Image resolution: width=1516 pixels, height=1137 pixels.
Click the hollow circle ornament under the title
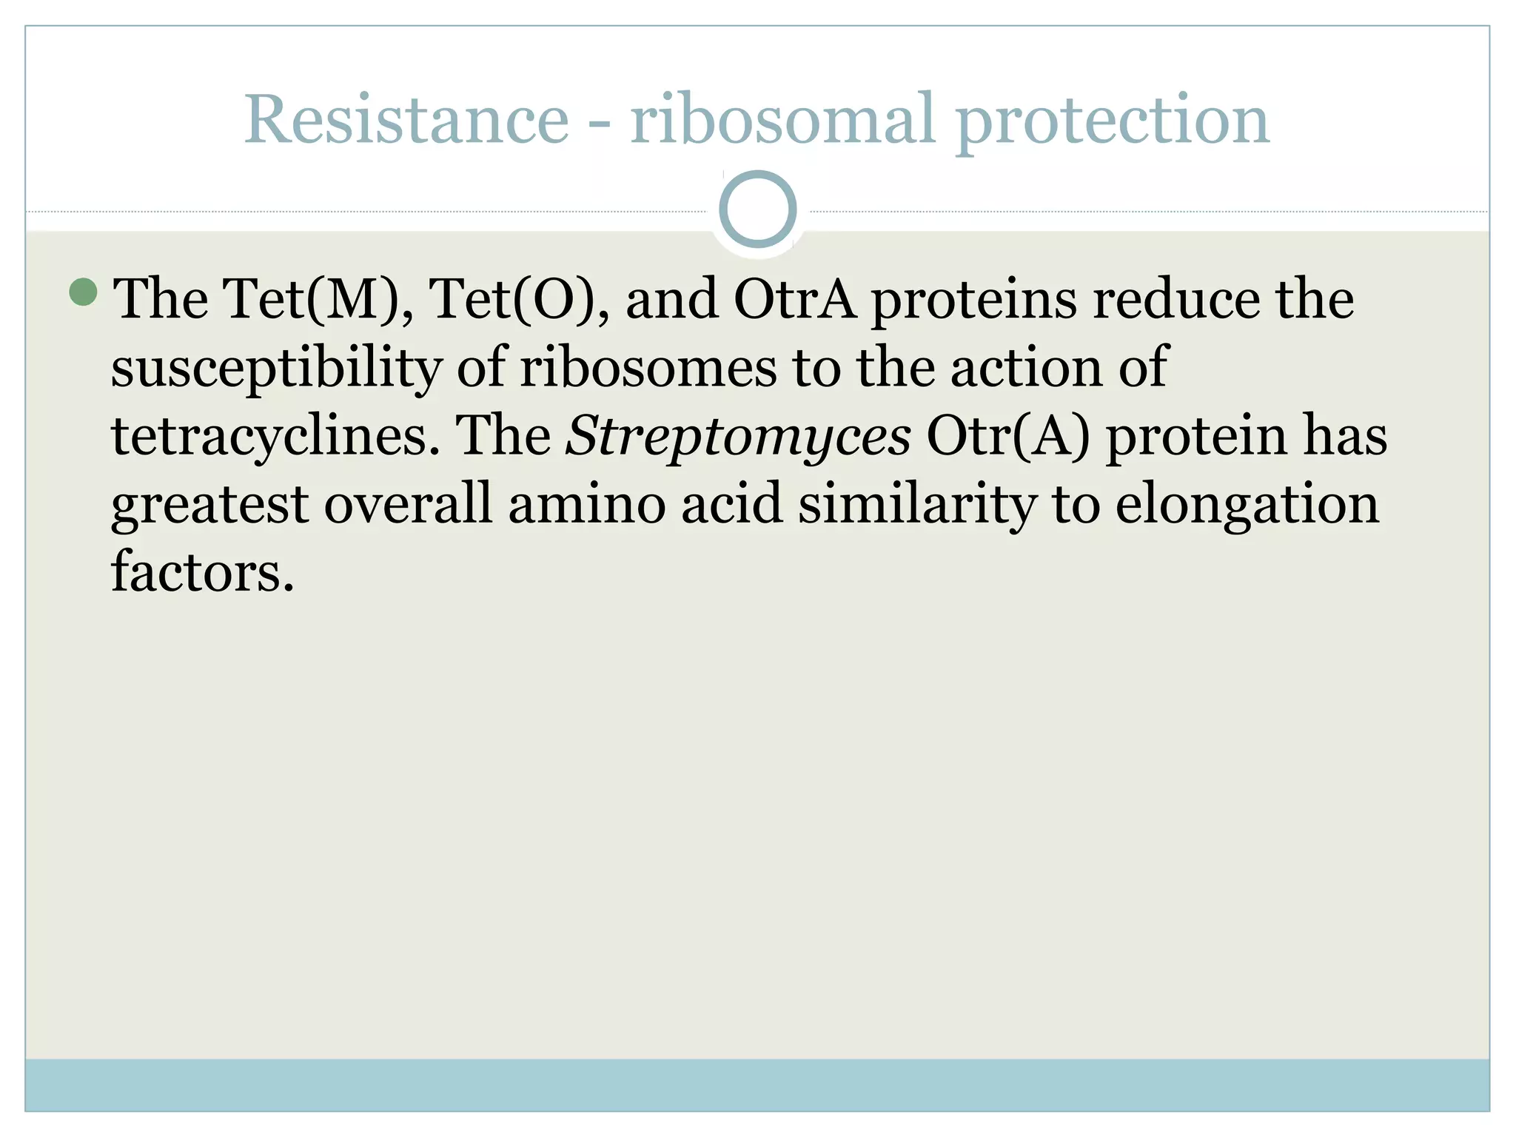coord(757,209)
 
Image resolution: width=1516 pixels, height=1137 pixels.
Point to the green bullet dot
coord(83,292)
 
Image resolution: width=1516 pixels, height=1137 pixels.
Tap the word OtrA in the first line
coord(794,299)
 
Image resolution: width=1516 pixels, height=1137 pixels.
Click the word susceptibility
coord(276,369)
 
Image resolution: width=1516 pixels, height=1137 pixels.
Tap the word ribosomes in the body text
coord(648,367)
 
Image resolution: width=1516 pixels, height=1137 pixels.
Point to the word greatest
coord(209,505)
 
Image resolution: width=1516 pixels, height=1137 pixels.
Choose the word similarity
coord(916,505)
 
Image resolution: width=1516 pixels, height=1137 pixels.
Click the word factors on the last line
coord(202,571)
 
